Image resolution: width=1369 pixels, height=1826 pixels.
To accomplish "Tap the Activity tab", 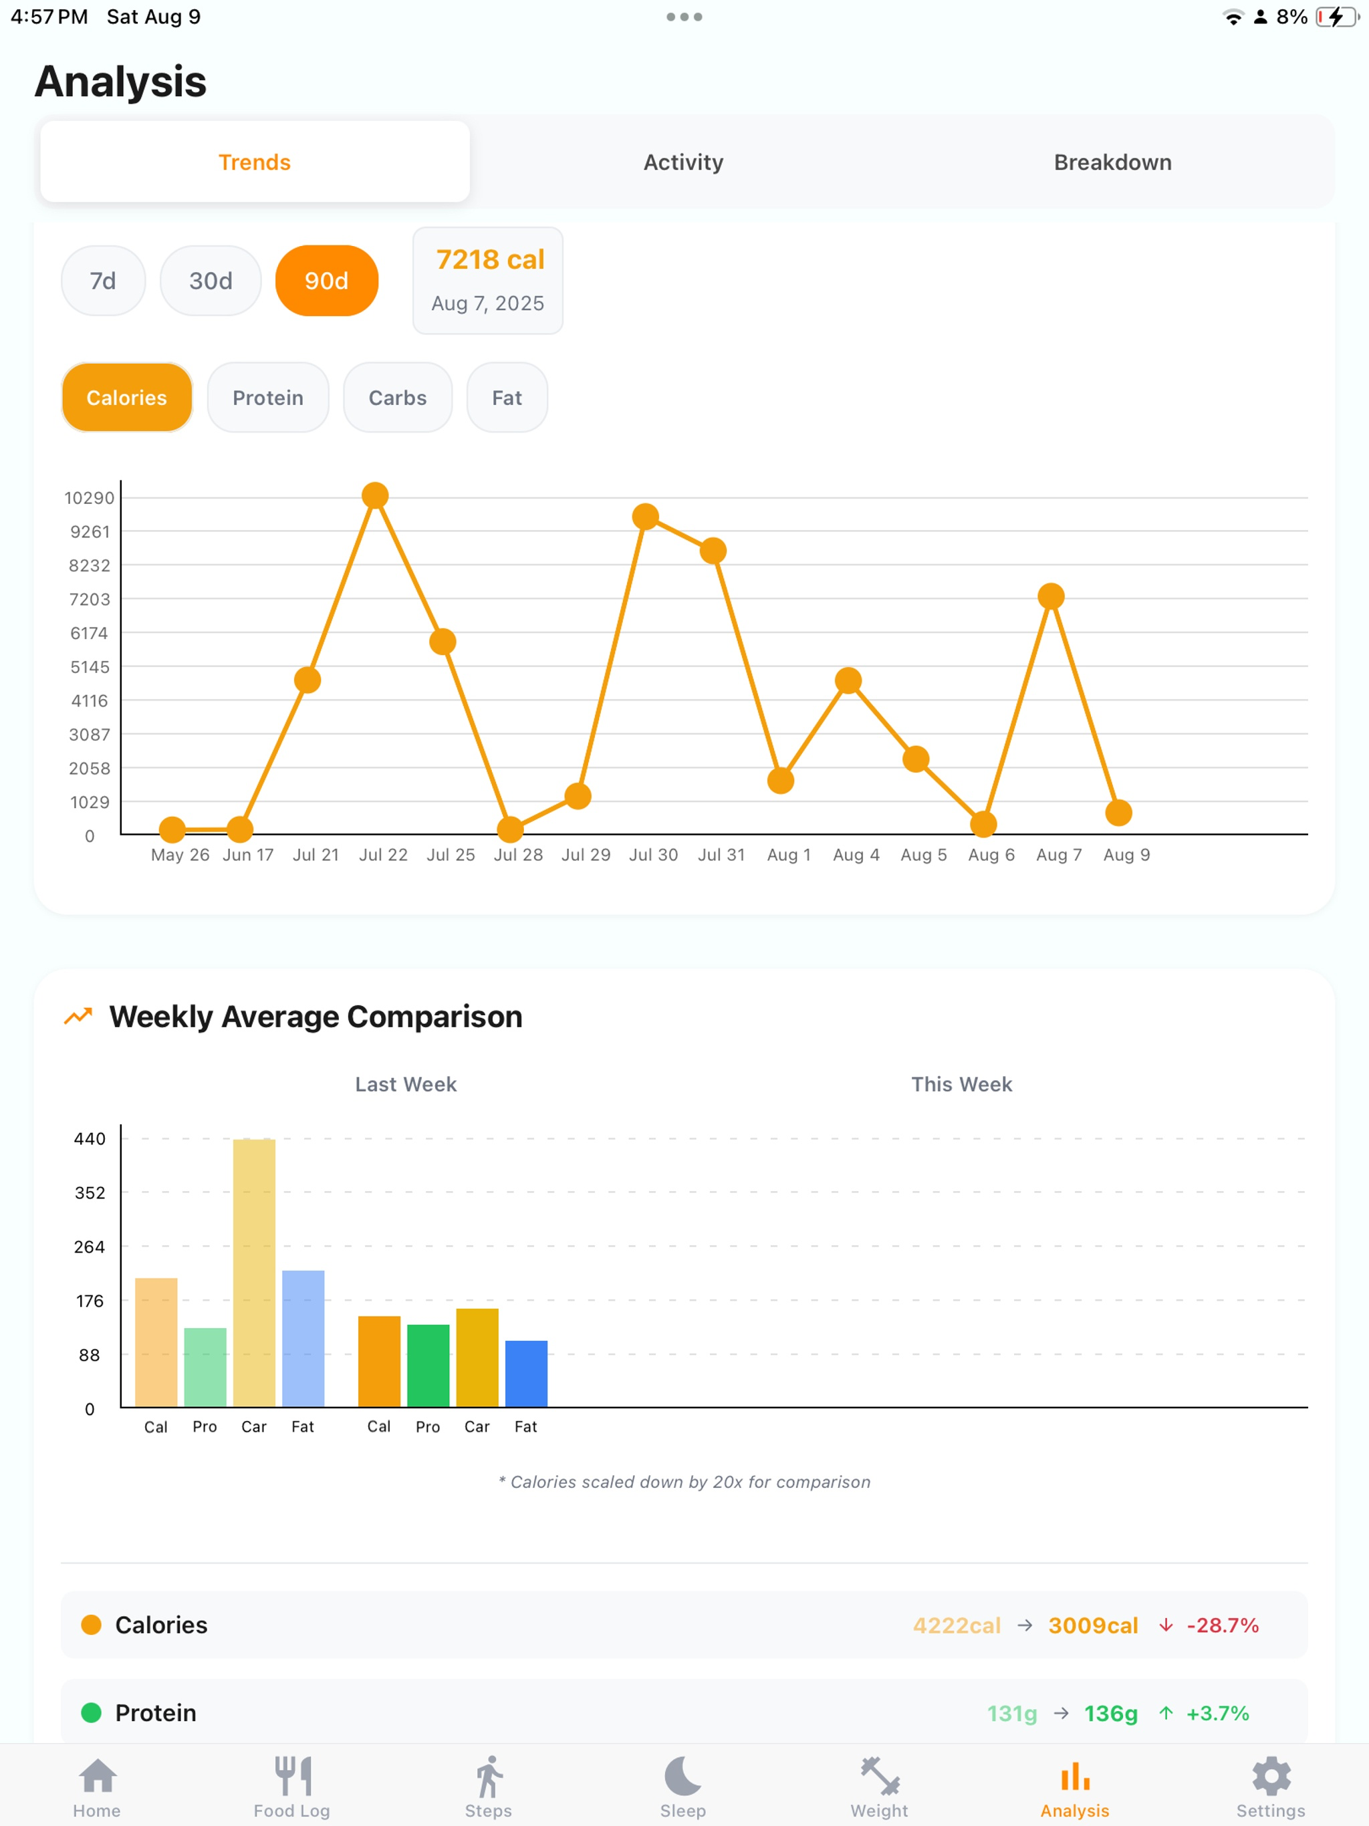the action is click(684, 162).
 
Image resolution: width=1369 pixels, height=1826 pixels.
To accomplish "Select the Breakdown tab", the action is click(1112, 162).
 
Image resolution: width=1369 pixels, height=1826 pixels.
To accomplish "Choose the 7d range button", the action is click(103, 281).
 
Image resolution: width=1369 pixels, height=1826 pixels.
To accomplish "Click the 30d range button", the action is click(211, 281).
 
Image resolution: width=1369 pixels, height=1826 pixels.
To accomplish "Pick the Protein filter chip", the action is click(268, 398).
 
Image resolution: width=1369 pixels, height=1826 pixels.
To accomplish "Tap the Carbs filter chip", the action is click(398, 398).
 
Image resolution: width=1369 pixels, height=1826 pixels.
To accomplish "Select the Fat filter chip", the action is click(507, 398).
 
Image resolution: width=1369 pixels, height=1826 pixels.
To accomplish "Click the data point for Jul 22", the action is click(375, 495).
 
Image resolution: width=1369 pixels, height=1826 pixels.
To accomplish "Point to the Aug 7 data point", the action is click(1051, 596).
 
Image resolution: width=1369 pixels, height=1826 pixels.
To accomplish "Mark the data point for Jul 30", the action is click(646, 517).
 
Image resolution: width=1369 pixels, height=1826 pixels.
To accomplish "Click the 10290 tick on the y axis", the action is click(89, 498).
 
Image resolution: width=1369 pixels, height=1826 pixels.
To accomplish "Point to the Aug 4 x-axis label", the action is click(856, 854).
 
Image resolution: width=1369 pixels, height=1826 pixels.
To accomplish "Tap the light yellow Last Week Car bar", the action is click(254, 1272).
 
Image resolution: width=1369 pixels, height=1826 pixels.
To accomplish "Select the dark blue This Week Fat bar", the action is click(526, 1374).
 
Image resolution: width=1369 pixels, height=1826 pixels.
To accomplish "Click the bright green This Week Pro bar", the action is click(428, 1365).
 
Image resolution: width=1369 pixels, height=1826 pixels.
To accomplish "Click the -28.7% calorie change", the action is click(1223, 1625).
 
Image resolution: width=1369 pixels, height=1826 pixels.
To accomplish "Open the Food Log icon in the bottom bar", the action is click(292, 1776).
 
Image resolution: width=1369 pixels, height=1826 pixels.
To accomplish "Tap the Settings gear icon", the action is click(1271, 1776).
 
